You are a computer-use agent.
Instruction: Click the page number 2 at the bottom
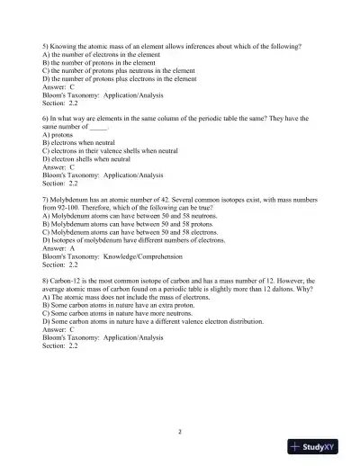pos(180,431)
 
